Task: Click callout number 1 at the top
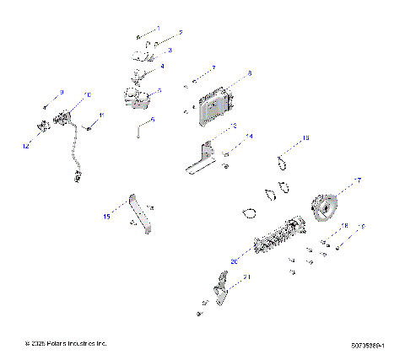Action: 158,28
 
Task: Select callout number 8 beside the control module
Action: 249,74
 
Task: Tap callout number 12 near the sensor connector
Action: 25,146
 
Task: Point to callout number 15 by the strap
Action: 106,216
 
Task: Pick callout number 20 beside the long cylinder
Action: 234,261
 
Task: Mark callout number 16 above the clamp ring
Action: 305,137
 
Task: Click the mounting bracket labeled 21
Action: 223,295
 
